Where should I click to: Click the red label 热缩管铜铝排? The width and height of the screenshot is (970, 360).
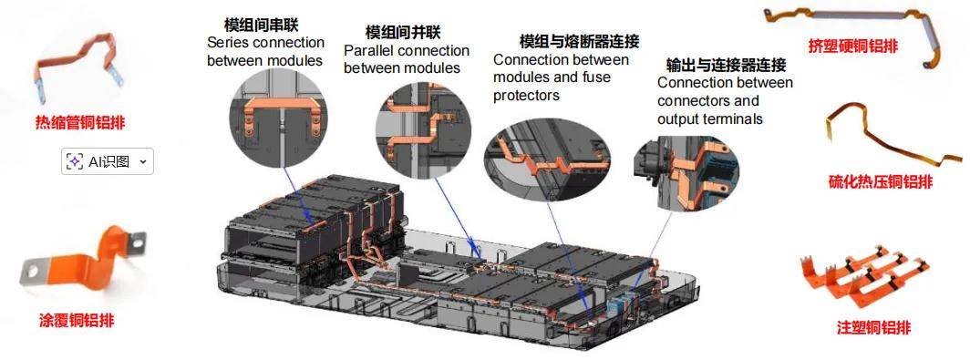pyautogui.click(x=80, y=122)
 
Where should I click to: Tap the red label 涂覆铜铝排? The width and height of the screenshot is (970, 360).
pyautogui.click(x=77, y=321)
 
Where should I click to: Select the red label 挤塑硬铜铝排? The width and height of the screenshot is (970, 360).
pyautogui.click(x=853, y=46)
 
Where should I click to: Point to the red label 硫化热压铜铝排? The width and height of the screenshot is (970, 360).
pyautogui.click(x=881, y=181)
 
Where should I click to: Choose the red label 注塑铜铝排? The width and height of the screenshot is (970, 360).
pyautogui.click(x=873, y=327)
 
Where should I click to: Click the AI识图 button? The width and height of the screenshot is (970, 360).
pyautogui.click(x=107, y=161)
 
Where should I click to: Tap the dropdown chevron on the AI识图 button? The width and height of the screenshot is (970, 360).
pyautogui.click(x=143, y=162)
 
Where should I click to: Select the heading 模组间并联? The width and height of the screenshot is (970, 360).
pyautogui.click(x=403, y=32)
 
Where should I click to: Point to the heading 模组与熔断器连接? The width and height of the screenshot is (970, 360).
pyautogui.click(x=580, y=41)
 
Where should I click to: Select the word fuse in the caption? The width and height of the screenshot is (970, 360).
pyautogui.click(x=596, y=77)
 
